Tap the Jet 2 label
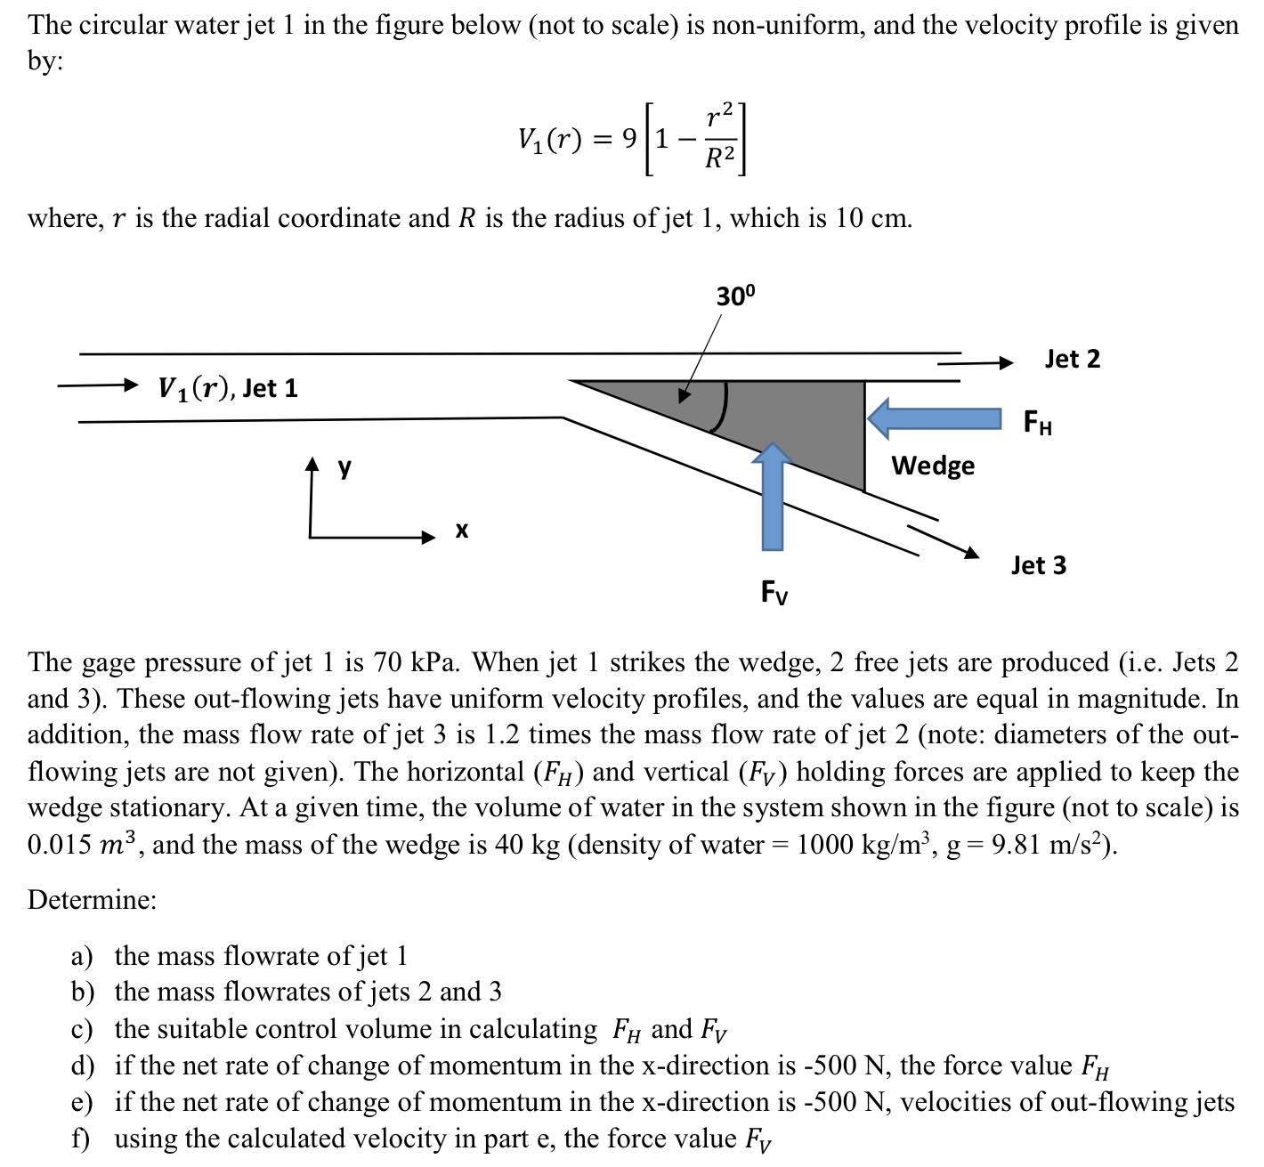tap(1072, 359)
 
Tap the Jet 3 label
tap(1038, 565)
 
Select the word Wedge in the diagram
tap(933, 466)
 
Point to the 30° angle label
tap(735, 296)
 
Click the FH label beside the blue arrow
tap(1038, 422)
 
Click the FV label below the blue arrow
tap(774, 592)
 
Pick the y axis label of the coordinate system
tap(344, 466)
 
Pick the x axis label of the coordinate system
tap(461, 531)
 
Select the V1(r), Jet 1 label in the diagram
tap(228, 388)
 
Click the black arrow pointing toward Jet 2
tap(975, 362)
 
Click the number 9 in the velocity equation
tap(629, 139)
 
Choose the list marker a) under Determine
tap(82, 956)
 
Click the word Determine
tap(91, 900)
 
